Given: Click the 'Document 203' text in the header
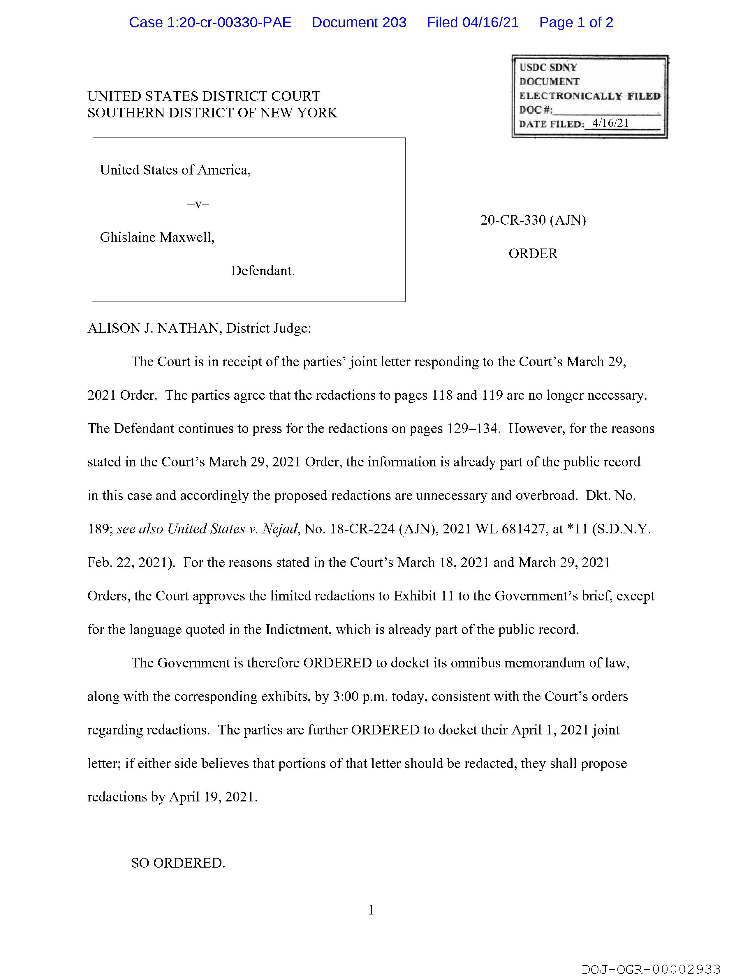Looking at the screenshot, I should (359, 22).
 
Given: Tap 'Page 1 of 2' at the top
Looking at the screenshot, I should (576, 22).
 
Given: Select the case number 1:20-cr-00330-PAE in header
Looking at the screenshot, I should (210, 22).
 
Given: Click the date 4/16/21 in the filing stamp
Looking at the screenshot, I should (610, 123).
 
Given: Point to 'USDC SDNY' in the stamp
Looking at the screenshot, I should (548, 67).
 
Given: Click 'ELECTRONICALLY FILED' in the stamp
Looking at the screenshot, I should (589, 96).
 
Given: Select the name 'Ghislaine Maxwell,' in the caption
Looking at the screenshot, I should (157, 237).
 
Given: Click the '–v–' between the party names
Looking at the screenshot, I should (198, 204).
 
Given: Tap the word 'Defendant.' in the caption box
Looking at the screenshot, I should (263, 271).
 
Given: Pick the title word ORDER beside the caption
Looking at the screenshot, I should (533, 253).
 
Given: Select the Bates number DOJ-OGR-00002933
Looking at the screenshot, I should (651, 970).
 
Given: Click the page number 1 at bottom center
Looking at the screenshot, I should (371, 910).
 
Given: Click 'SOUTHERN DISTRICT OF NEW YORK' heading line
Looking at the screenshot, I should (212, 113).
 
